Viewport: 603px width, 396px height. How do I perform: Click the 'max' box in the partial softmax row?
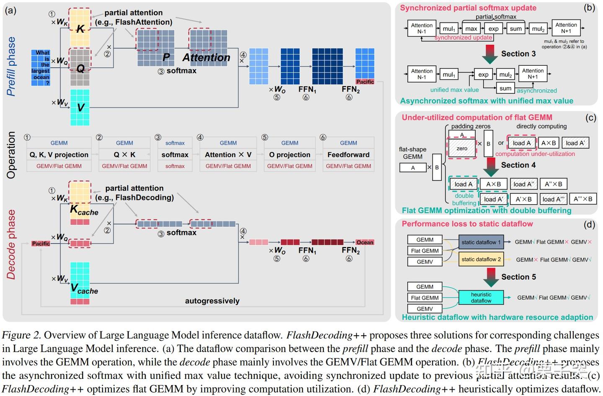coord(471,28)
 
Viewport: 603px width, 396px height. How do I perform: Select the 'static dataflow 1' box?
coord(481,242)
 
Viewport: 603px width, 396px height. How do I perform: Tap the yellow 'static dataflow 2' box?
coord(481,259)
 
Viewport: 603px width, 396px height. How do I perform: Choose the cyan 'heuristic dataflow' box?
coord(481,298)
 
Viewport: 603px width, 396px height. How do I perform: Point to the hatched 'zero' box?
coord(462,149)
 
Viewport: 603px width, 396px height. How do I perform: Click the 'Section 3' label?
coord(518,54)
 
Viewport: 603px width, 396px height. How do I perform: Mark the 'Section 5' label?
coord(518,277)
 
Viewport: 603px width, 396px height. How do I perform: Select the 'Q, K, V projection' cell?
coord(59,154)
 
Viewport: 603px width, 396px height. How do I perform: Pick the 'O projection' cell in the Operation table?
coord(290,154)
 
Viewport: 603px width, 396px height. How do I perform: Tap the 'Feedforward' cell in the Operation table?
coord(348,154)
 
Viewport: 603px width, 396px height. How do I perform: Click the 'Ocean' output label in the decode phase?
coord(365,242)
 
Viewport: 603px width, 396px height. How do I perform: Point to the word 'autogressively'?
coord(212,301)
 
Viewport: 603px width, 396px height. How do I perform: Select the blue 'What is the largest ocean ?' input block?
coord(41,68)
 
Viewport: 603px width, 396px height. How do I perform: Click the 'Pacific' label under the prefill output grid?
coord(365,82)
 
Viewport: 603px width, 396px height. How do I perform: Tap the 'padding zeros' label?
coord(471,126)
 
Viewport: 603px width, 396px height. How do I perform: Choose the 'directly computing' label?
coord(541,126)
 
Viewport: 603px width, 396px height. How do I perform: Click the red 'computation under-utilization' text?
coord(535,154)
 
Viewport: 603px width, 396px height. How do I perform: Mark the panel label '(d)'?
coord(589,224)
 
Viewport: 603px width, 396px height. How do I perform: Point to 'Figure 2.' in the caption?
coord(21,335)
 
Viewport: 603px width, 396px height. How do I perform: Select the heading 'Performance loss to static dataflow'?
coord(467,224)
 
